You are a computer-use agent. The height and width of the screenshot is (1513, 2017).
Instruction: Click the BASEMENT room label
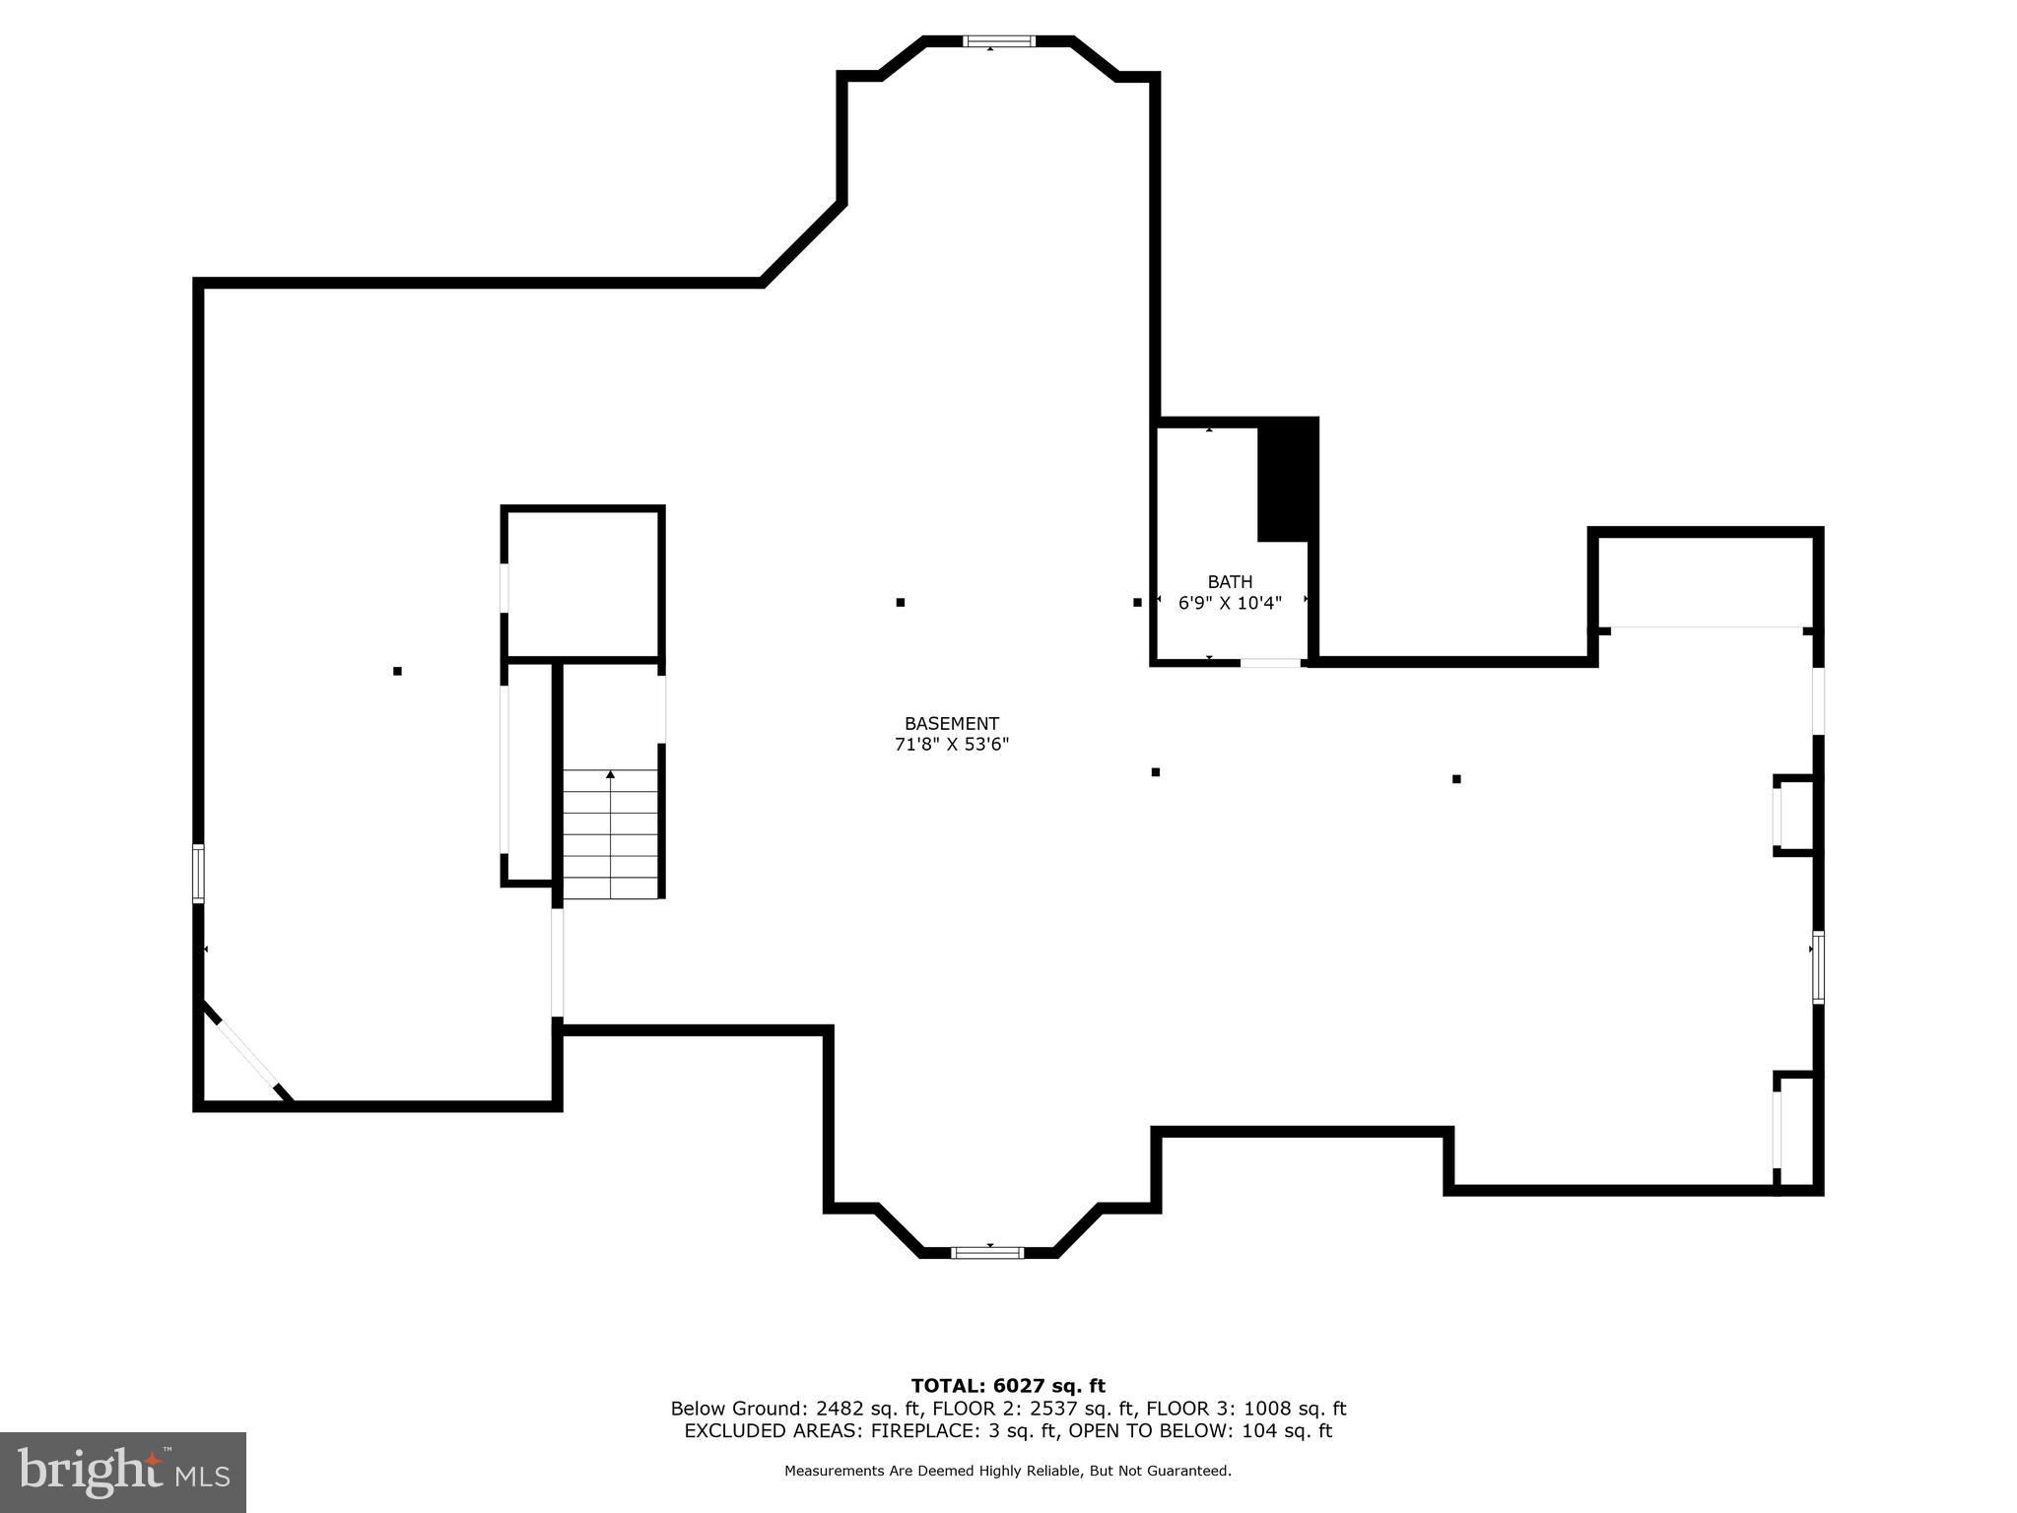(951, 723)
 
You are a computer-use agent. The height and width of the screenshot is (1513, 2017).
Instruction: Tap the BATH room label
(1230, 582)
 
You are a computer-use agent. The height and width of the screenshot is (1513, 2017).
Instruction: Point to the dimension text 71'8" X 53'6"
(951, 745)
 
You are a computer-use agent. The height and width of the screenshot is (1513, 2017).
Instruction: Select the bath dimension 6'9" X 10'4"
(1230, 603)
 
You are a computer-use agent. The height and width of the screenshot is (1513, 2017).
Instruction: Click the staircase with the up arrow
(610, 833)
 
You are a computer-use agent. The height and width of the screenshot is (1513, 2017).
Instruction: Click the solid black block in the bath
(1287, 481)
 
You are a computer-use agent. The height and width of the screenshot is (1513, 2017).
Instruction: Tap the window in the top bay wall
(998, 41)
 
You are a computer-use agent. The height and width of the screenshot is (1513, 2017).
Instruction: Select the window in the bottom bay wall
(987, 1252)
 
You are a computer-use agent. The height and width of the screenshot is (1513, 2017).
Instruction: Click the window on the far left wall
(198, 873)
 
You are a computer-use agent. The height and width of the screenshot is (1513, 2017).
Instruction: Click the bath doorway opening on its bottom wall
(1270, 663)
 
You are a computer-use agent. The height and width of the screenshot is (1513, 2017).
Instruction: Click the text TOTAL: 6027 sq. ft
(1008, 1386)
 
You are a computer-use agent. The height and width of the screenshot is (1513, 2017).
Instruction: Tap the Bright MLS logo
(123, 1472)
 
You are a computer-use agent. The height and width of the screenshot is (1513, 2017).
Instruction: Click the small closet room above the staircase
(583, 583)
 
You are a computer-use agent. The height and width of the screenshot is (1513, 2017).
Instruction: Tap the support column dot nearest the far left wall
(397, 671)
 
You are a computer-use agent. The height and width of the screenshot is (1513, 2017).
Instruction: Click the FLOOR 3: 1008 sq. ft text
(1246, 1409)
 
